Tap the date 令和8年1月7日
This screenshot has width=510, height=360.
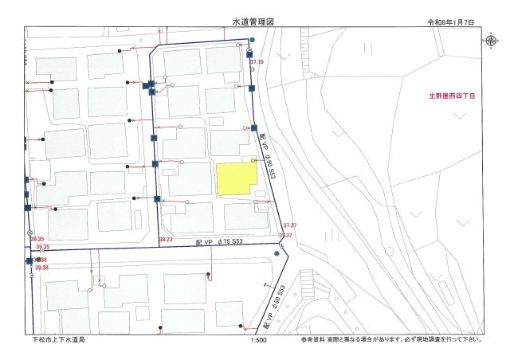point(450,24)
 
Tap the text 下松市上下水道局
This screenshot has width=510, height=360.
point(58,340)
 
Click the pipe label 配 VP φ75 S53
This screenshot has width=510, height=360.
point(219,240)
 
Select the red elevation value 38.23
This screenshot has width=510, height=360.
point(166,239)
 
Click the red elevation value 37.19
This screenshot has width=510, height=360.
point(256,61)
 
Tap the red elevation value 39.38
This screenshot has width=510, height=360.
point(41,268)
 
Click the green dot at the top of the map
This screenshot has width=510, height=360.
point(252,39)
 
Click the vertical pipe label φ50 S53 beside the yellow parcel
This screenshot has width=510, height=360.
point(268,155)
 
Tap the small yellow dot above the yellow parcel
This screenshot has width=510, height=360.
point(254,160)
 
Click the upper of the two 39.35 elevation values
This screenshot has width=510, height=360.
point(37,238)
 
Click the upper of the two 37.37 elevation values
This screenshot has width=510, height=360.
point(290,226)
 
